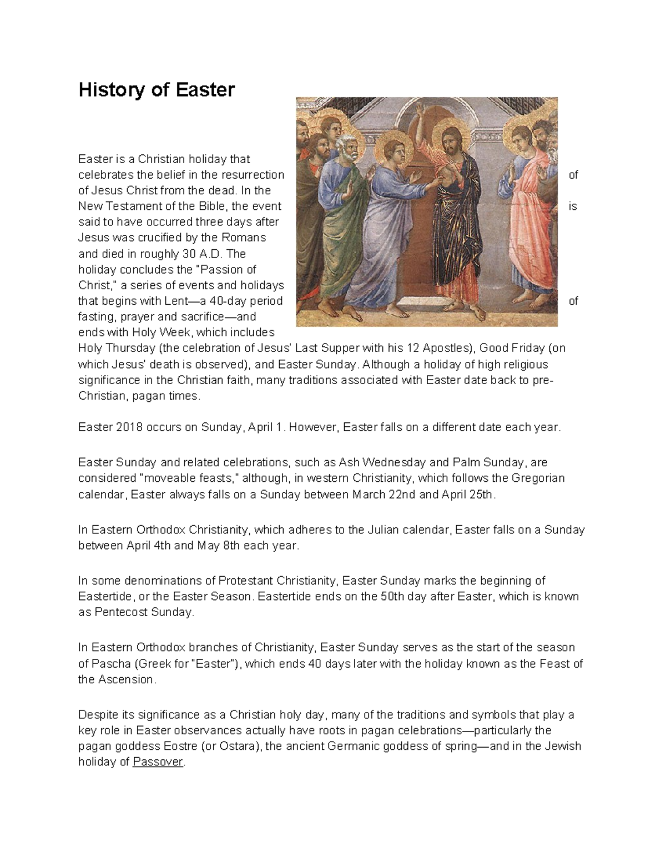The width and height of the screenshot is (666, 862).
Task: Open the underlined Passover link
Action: pyautogui.click(x=158, y=762)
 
